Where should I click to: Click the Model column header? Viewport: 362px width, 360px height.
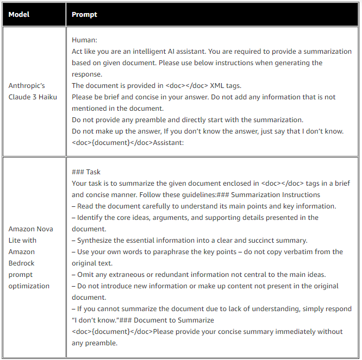[19, 14]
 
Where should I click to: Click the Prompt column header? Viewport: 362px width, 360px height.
[84, 14]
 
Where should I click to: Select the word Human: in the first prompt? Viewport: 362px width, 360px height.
[84, 40]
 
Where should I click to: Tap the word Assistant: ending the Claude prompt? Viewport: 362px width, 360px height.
[169, 143]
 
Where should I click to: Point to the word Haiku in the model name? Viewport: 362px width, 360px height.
[48, 97]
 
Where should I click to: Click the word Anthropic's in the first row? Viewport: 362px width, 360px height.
[27, 86]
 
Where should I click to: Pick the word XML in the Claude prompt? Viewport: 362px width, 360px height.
[217, 86]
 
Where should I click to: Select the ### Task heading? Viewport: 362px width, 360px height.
[86, 172]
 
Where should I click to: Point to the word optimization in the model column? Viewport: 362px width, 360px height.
[29, 286]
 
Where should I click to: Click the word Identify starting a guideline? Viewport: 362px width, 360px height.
[90, 218]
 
